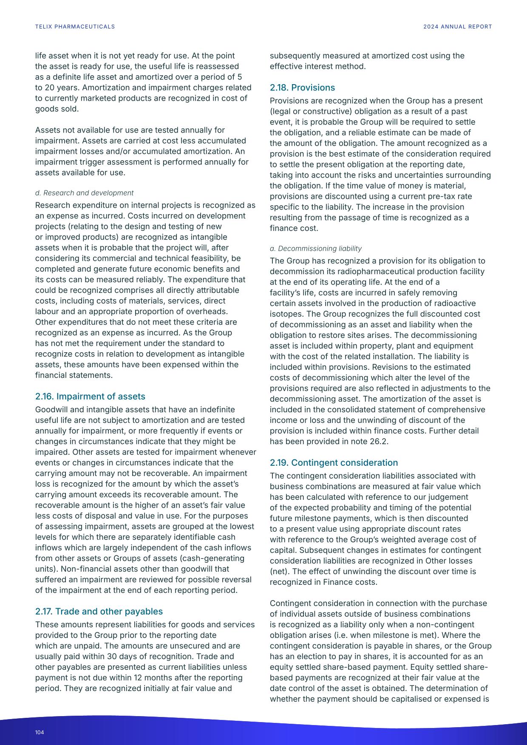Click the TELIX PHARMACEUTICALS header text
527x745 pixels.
pos(75,27)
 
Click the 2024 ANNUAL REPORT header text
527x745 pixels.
pos(457,27)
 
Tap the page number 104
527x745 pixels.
pos(40,732)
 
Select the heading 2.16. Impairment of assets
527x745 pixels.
pos(90,397)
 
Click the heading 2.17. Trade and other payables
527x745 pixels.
pos(99,612)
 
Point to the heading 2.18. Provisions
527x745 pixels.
pos(302,88)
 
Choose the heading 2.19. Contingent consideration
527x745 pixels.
pos(334,463)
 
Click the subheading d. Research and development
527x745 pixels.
pos(84,193)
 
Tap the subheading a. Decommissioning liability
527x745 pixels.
pos(315,249)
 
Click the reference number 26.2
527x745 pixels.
pos(379,442)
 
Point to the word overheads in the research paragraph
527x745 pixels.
pos(208,312)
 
